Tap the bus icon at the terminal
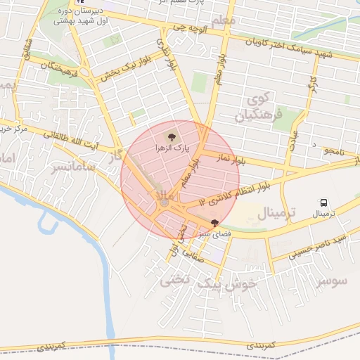click(x=323, y=202)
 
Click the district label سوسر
click(x=331, y=281)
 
